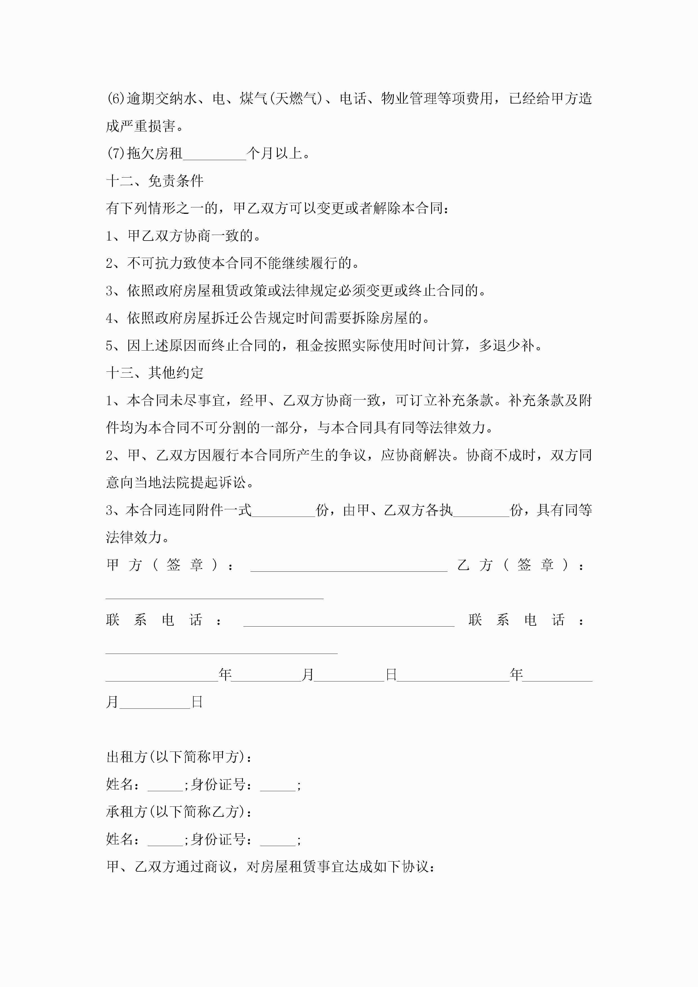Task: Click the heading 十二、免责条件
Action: point(155,181)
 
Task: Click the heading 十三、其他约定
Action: point(155,373)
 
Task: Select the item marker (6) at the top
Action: point(115,99)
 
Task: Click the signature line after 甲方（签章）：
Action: point(348,566)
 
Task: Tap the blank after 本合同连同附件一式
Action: point(284,511)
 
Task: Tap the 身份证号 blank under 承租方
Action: point(278,840)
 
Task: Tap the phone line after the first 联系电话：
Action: point(348,621)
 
